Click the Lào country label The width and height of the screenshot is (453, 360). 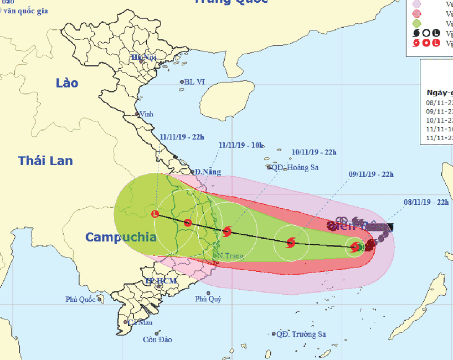(x=67, y=83)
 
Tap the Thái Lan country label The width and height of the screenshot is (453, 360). (x=45, y=161)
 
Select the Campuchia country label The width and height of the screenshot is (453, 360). (x=121, y=238)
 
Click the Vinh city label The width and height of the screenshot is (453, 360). (x=147, y=114)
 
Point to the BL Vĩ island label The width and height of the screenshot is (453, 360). (x=195, y=82)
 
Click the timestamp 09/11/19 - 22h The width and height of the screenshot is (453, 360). (x=370, y=175)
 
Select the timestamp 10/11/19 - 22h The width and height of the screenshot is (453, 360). (x=313, y=152)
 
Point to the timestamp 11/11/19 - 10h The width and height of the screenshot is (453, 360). (x=241, y=146)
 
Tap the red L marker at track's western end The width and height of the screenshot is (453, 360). (x=155, y=214)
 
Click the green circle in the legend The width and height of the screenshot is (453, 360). (x=416, y=23)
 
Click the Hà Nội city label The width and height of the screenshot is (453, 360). (x=143, y=57)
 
